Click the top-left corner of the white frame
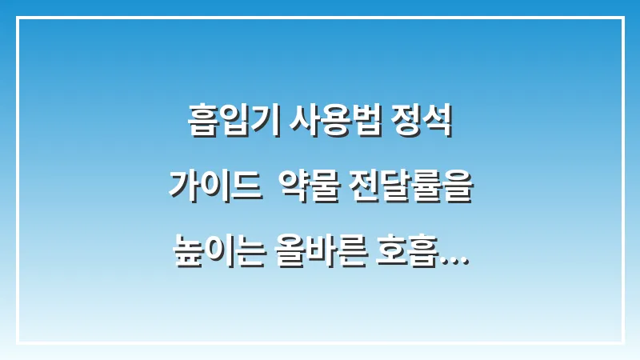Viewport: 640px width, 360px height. (x=18, y=18)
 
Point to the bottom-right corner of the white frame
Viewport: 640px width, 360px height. (x=622, y=342)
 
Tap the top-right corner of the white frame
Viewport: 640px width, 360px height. (x=622, y=18)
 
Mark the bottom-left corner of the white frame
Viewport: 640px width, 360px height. (x=18, y=342)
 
